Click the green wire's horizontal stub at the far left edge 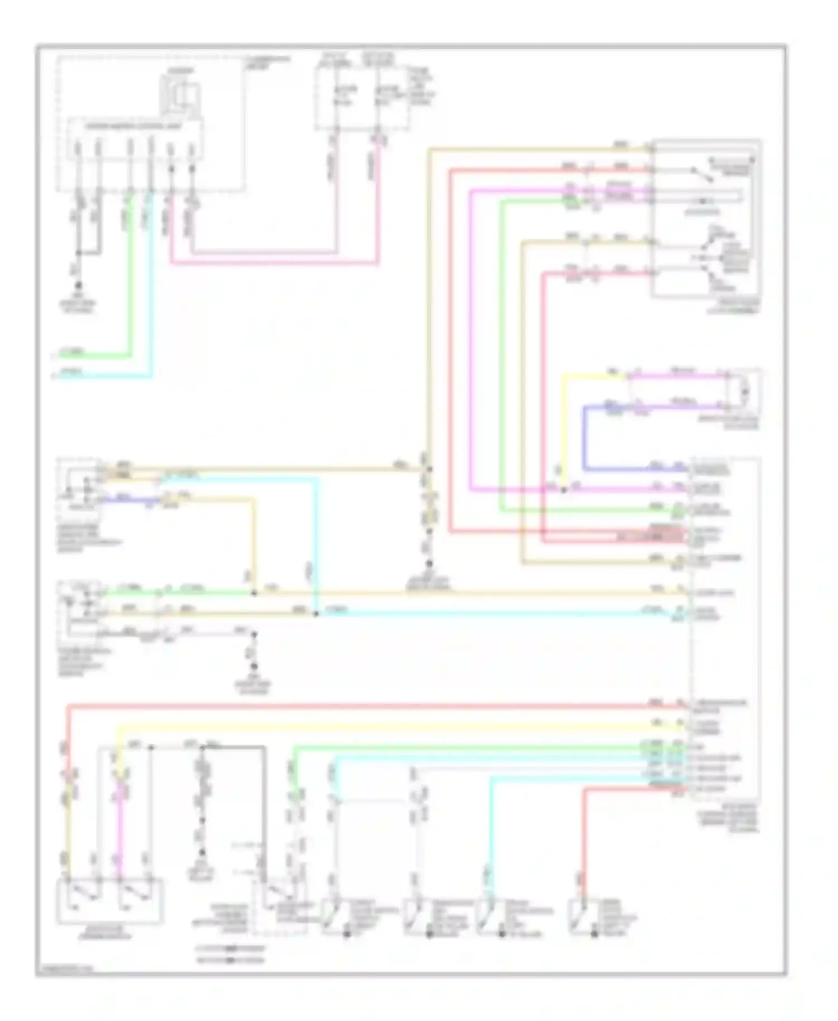tap(89, 355)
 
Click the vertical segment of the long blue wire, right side tap(584, 438)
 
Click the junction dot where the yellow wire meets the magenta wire tap(564, 490)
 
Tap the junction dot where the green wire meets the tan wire tap(254, 593)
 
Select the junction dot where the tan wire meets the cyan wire tap(316, 614)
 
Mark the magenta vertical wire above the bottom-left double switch tap(118, 832)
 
